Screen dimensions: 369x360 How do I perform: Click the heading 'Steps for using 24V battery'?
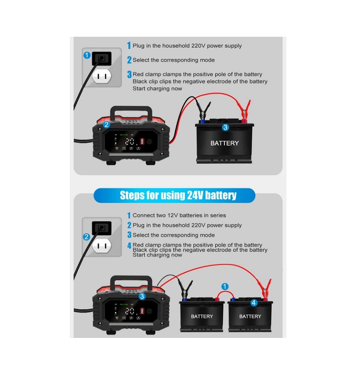[x=178, y=195]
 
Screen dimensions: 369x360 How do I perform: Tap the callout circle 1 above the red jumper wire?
[x=225, y=286]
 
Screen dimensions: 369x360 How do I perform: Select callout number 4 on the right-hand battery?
[x=253, y=303]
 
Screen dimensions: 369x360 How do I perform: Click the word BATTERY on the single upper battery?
[x=225, y=143]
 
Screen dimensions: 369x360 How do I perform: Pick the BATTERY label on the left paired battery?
[x=202, y=316]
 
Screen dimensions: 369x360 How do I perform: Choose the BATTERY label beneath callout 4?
[x=250, y=316]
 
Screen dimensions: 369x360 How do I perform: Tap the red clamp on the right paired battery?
[x=265, y=290]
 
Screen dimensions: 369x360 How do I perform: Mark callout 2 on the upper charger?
[x=107, y=125]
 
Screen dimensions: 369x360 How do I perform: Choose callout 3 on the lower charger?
[x=142, y=297]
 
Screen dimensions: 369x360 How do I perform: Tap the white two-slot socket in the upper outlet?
[x=103, y=76]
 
